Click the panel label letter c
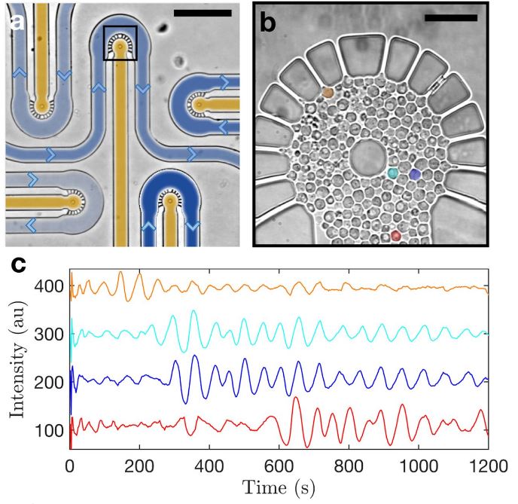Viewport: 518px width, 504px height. (17, 265)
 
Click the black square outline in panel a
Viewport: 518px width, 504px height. (120, 43)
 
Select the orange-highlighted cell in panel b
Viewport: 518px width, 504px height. (328, 92)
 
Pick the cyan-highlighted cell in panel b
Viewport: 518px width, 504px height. (392, 173)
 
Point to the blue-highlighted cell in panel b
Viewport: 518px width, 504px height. (414, 174)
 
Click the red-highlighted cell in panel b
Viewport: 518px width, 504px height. (396, 236)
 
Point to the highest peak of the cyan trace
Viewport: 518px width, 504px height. (193, 310)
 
